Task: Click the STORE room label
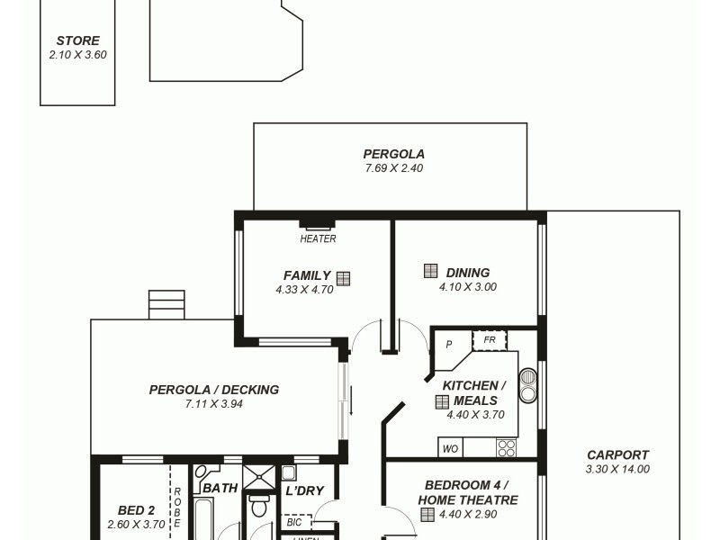tap(77, 40)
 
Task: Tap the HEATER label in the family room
tap(318, 238)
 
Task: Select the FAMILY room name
tap(307, 275)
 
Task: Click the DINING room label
tap(467, 273)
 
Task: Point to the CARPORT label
tap(617, 454)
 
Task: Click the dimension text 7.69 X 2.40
tap(393, 168)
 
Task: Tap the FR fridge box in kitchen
tap(490, 340)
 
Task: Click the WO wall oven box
tap(450, 447)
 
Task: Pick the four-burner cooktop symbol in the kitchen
tap(506, 447)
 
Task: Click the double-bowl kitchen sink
tap(528, 385)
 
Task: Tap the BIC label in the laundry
tap(294, 521)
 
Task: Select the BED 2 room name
tap(137, 509)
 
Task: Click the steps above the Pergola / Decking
tap(166, 304)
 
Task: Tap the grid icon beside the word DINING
tap(431, 271)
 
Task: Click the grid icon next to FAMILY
tap(343, 278)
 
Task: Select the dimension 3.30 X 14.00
tap(617, 468)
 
